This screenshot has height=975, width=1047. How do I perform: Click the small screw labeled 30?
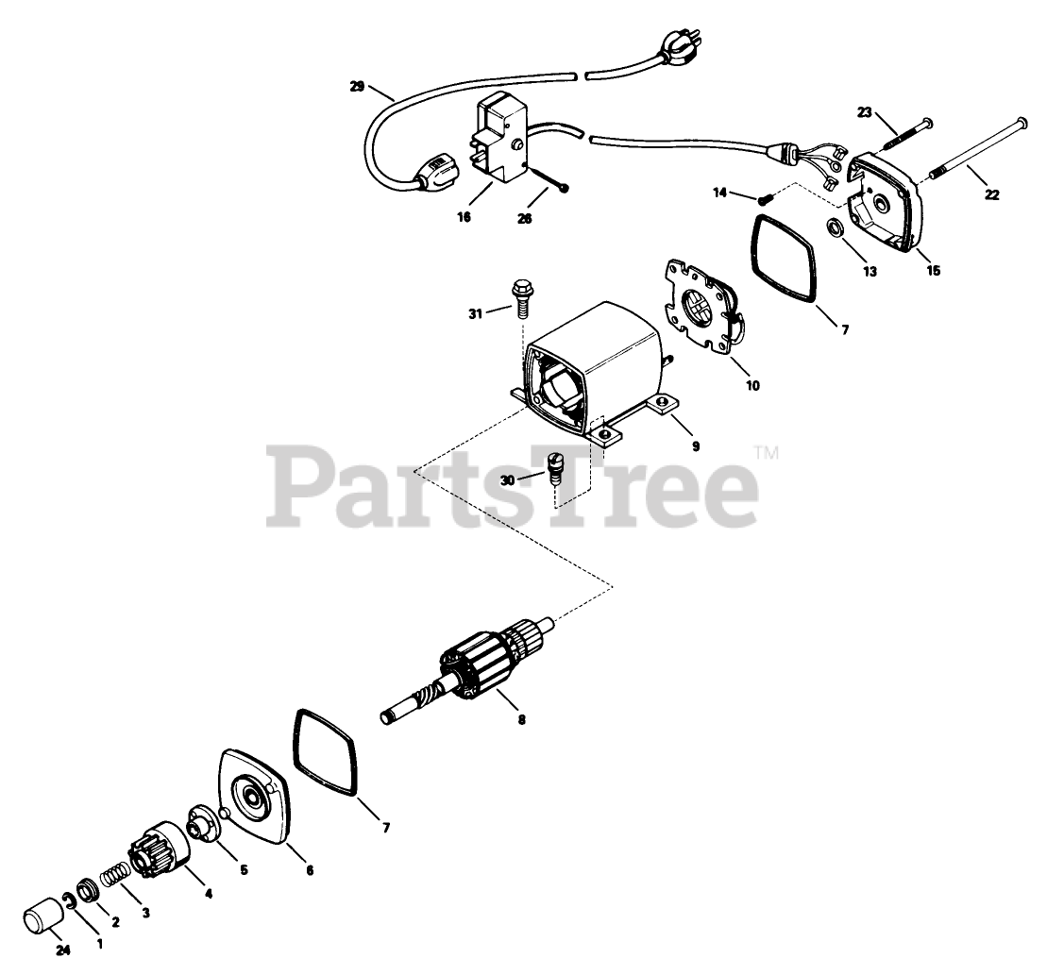coord(556,466)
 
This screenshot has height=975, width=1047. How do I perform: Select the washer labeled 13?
coord(836,228)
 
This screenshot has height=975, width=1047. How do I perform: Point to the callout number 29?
coord(357,86)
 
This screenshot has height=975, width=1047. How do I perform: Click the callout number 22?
coord(991,195)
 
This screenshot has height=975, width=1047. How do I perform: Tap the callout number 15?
coord(934,271)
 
